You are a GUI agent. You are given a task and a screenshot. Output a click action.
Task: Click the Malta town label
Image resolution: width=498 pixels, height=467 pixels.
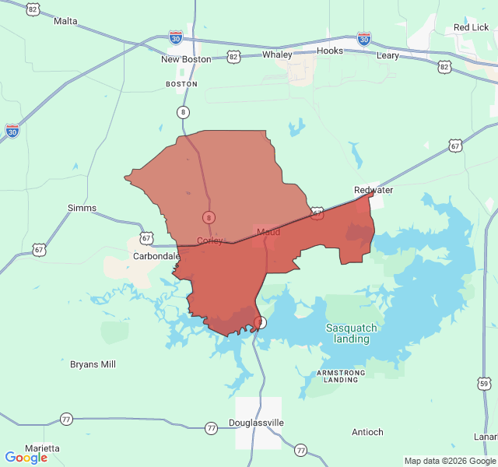(x=65, y=21)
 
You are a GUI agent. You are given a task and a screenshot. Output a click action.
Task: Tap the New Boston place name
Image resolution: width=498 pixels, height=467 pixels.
(x=186, y=59)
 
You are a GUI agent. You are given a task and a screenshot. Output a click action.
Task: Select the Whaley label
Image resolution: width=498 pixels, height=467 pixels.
(x=277, y=54)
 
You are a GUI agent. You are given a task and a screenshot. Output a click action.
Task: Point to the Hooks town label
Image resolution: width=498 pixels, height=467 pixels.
(x=330, y=51)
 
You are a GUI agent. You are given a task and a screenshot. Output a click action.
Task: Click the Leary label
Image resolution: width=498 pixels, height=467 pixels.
(x=388, y=56)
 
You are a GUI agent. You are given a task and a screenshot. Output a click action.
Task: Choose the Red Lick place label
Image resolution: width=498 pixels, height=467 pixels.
(x=471, y=28)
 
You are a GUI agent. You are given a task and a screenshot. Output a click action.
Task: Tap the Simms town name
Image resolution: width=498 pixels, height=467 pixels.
(x=82, y=208)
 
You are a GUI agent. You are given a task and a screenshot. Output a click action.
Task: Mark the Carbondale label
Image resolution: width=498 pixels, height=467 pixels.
(x=156, y=255)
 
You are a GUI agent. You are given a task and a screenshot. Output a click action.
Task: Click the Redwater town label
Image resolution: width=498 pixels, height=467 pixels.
(x=373, y=190)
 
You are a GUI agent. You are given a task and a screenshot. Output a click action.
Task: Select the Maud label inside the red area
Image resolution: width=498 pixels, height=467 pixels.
(x=268, y=232)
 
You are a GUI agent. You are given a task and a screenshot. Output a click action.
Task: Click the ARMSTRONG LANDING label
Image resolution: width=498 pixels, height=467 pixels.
(x=341, y=377)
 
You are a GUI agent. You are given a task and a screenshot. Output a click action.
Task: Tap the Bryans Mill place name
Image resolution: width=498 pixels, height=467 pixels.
(x=93, y=363)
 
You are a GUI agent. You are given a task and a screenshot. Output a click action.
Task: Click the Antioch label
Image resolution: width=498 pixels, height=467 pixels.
(x=367, y=432)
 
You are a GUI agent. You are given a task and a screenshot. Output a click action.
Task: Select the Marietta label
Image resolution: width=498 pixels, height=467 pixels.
(x=41, y=448)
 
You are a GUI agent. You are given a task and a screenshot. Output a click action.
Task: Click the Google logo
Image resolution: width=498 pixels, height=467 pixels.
(x=26, y=458)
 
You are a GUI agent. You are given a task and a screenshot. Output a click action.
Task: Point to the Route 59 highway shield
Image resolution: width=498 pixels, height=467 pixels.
(x=484, y=384)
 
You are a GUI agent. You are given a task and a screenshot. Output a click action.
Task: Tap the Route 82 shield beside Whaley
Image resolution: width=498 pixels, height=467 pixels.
(x=234, y=56)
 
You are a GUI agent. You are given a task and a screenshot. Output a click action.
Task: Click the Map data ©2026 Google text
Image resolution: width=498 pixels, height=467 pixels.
(x=449, y=461)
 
